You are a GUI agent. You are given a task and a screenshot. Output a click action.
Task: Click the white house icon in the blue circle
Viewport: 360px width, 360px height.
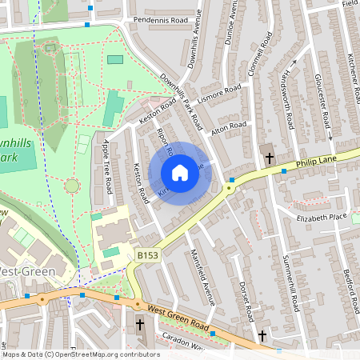point(180,172)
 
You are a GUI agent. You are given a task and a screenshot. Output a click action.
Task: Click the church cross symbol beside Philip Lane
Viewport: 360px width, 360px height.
point(270,157)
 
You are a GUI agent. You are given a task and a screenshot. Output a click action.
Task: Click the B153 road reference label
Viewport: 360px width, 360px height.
point(146,255)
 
